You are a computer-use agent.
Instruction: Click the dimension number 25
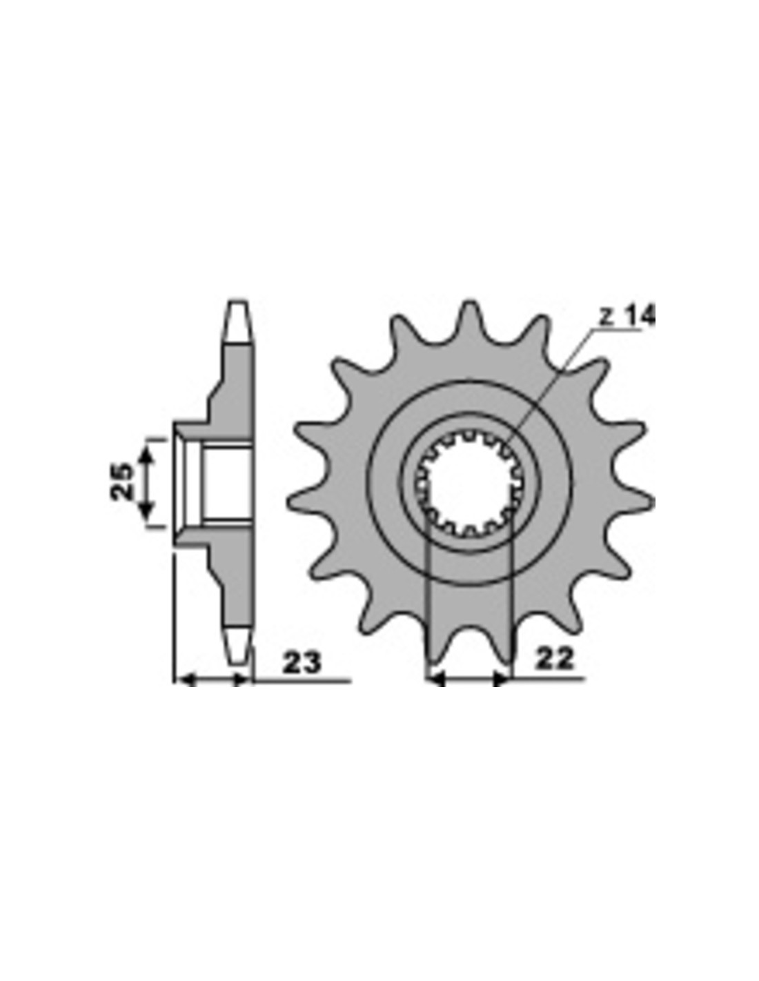coord(122,481)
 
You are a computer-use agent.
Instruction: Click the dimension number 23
coord(302,662)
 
